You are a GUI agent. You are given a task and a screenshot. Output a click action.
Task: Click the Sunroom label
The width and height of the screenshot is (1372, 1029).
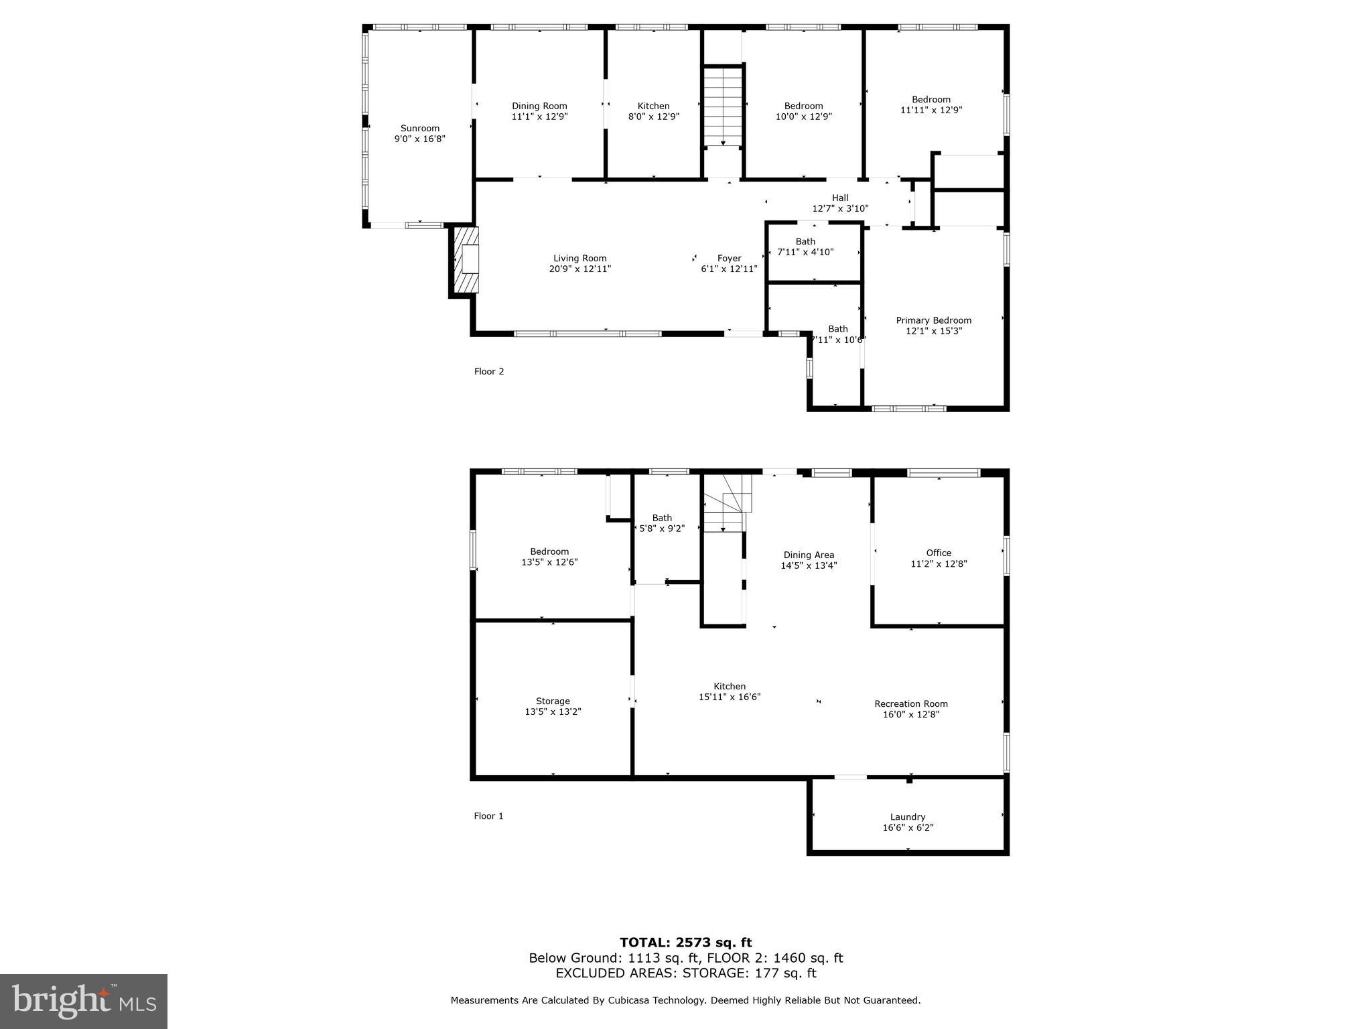coord(420,129)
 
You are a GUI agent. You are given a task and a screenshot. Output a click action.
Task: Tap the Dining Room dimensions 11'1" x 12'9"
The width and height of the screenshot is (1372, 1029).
coord(539,117)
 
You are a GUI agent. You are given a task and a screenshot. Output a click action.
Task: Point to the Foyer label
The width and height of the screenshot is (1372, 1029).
coord(729,258)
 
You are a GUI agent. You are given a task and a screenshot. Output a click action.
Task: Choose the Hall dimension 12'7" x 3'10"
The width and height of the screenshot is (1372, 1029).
coord(840,208)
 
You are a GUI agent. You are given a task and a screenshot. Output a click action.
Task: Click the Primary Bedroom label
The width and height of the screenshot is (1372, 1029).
coord(933,320)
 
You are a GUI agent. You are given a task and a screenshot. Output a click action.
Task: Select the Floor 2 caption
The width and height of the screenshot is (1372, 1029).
coord(488,371)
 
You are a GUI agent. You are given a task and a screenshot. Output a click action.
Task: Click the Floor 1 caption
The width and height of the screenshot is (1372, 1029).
coord(488,815)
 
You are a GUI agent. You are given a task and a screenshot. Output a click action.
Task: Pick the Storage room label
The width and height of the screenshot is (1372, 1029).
coord(553,701)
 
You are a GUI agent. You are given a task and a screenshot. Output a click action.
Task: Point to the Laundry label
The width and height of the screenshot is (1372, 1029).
coord(908,817)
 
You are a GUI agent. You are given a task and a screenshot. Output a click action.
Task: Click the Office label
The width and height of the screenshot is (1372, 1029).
coord(939,553)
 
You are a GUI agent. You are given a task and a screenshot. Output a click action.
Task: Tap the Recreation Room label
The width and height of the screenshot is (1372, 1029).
coord(910,703)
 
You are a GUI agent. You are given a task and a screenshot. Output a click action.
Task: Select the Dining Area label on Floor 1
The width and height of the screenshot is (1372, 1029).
coord(809,555)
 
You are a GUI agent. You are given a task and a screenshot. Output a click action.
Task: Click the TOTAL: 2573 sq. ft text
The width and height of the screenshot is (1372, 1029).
coord(685,943)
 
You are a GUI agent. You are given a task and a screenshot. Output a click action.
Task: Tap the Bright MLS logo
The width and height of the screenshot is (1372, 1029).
coord(84,1001)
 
